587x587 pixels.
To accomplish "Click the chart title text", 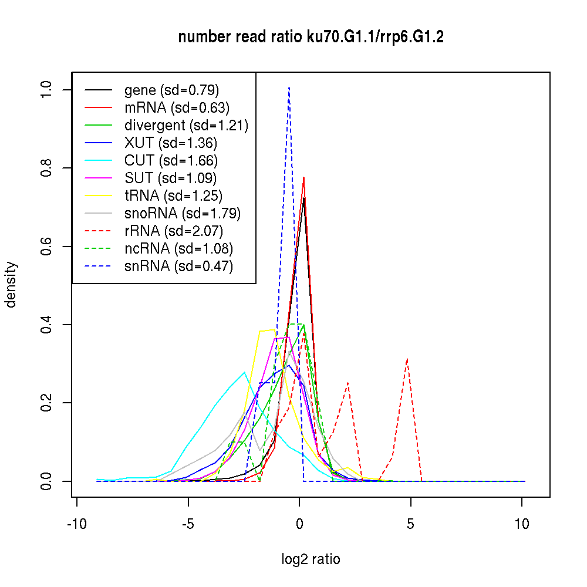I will (311, 38).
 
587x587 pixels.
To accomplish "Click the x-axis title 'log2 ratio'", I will (311, 559).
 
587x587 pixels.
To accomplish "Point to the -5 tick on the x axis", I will (188, 524).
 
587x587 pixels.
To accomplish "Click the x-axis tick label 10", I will (522, 524).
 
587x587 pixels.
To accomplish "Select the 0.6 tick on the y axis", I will (47, 246).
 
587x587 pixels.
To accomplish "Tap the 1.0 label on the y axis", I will (47, 89).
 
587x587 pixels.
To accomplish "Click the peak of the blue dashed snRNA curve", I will (289, 87).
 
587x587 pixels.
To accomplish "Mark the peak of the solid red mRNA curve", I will (303, 177).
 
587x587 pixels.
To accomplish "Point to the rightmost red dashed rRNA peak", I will (407, 359).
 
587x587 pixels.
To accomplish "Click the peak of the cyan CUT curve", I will (244, 372).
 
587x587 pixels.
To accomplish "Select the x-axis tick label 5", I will (410, 524).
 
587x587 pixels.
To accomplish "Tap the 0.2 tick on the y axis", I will (47, 403).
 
